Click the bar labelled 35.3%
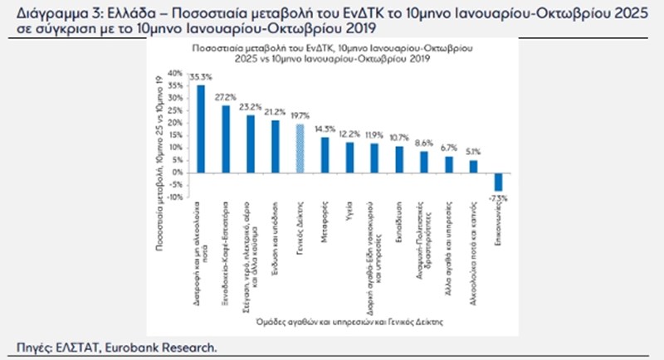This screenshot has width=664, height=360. pyautogui.click(x=199, y=129)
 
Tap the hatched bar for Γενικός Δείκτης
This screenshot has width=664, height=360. pyautogui.click(x=300, y=148)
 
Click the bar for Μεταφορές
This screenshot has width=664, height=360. pyautogui.click(x=325, y=154)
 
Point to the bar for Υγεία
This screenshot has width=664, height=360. pyautogui.click(x=350, y=157)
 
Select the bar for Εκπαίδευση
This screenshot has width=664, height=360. pyautogui.click(x=400, y=159)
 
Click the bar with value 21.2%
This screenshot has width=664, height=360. pyautogui.click(x=275, y=146)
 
